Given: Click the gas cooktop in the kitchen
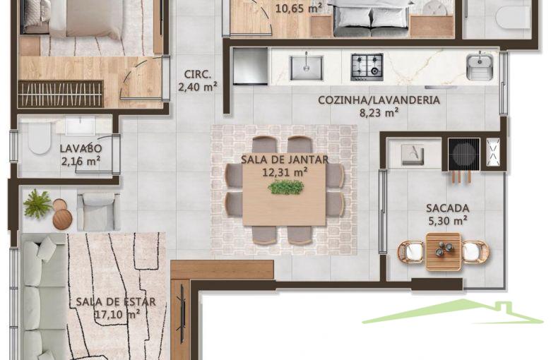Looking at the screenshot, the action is pyautogui.click(x=367, y=67).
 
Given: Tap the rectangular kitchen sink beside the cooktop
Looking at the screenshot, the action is pyautogui.click(x=306, y=68).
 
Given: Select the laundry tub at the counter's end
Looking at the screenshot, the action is pyautogui.click(x=480, y=66).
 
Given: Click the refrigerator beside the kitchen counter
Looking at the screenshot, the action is pyautogui.click(x=250, y=66).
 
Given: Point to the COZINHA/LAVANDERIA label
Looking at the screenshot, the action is pyautogui.click(x=379, y=100).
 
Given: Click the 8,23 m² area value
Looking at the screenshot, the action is pyautogui.click(x=379, y=113).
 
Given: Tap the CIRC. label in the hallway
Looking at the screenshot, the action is pyautogui.click(x=198, y=74).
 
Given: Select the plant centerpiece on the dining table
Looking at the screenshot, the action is pyautogui.click(x=285, y=187).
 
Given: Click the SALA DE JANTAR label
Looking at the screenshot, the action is pyautogui.click(x=285, y=160).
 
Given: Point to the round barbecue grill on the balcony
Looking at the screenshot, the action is pyautogui.click(x=463, y=154).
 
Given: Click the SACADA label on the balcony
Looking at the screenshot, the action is pyautogui.click(x=448, y=208).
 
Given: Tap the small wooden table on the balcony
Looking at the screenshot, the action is pyautogui.click(x=443, y=251).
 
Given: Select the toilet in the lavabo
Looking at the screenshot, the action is pyautogui.click(x=39, y=138).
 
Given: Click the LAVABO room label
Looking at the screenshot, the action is pyautogui.click(x=81, y=148).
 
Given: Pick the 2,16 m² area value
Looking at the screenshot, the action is pyautogui.click(x=81, y=161).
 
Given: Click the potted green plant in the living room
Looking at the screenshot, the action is pyautogui.click(x=37, y=204).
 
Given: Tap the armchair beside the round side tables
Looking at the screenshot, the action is pyautogui.click(x=99, y=212).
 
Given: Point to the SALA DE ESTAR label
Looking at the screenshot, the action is pyautogui.click(x=116, y=301).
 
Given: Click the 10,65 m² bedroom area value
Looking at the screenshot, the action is pyautogui.click(x=298, y=8).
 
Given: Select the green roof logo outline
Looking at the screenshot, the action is pyautogui.click(x=454, y=312).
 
